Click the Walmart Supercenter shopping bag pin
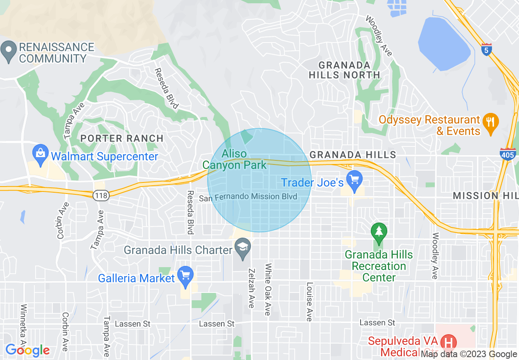(41, 155)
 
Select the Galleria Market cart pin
(186, 277)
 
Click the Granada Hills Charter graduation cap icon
(243, 248)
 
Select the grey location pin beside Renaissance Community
(9, 52)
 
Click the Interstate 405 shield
(508, 154)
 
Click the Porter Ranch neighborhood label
(122, 138)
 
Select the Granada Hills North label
(344, 70)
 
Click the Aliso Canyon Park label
(235, 160)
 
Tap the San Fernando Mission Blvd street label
(248, 197)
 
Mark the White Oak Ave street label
(268, 289)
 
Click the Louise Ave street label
(310, 301)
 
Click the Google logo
(27, 350)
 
